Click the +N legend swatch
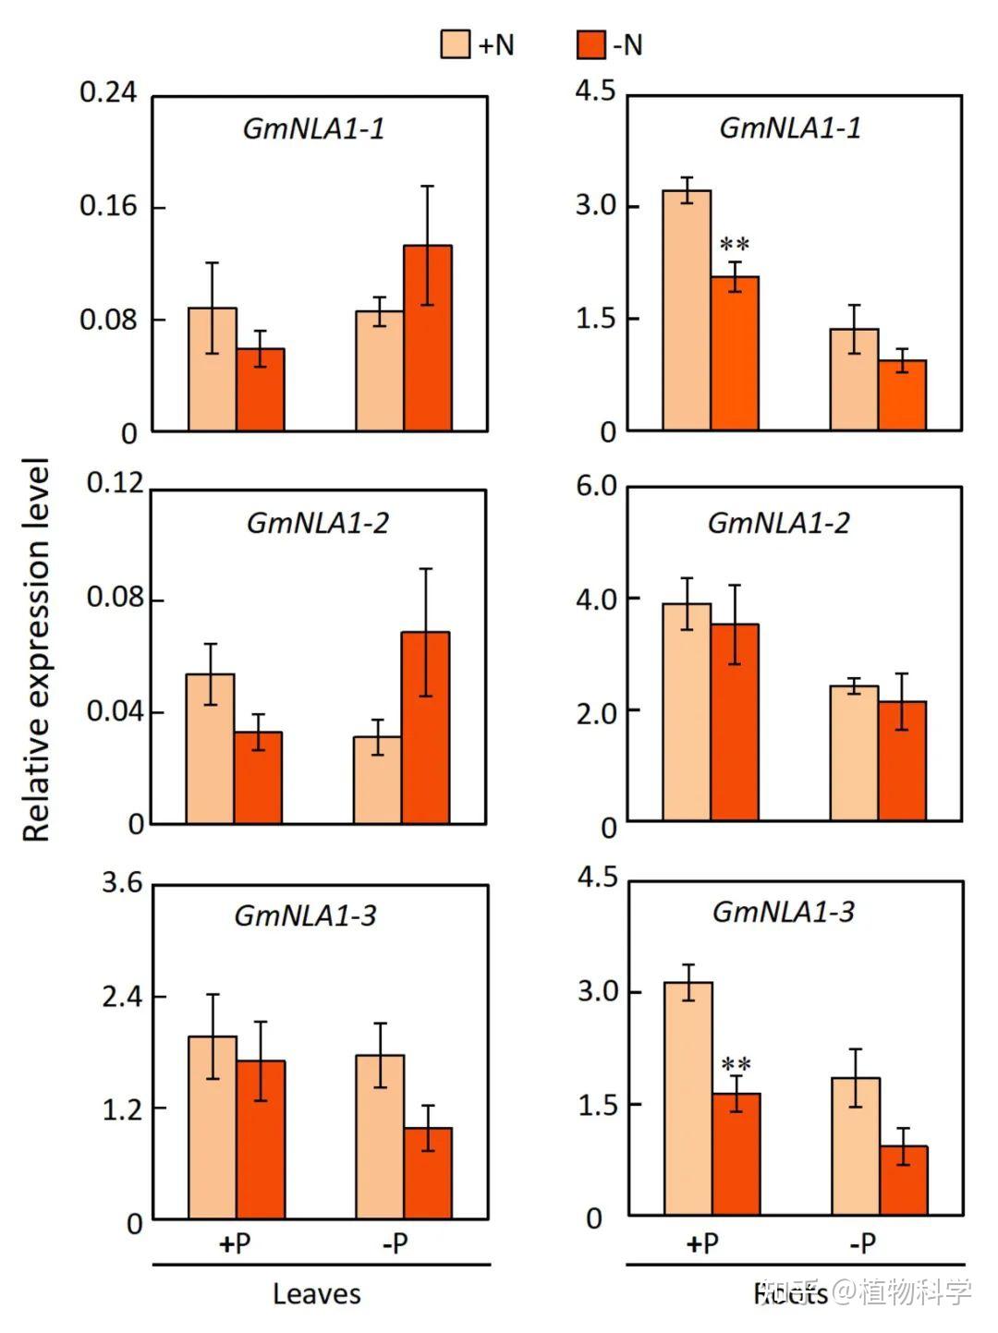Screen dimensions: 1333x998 click(x=456, y=43)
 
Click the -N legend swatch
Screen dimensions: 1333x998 click(x=590, y=43)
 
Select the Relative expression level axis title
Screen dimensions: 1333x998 click(x=35, y=649)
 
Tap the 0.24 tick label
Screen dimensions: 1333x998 click(x=107, y=92)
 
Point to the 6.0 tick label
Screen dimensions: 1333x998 click(x=596, y=487)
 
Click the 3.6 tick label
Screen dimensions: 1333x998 click(x=122, y=883)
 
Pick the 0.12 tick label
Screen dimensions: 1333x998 click(x=116, y=483)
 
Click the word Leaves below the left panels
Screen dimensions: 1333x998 click(x=316, y=1294)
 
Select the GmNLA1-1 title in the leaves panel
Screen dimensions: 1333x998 click(x=313, y=128)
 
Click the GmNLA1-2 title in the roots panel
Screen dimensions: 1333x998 click(x=778, y=523)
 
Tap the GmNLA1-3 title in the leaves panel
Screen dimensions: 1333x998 click(x=305, y=915)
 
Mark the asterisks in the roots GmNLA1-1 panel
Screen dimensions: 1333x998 click(x=735, y=245)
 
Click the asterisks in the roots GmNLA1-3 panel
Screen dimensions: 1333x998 click(x=736, y=1063)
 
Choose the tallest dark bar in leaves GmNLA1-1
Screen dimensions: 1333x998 click(x=428, y=338)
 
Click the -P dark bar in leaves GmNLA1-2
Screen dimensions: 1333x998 click(x=426, y=727)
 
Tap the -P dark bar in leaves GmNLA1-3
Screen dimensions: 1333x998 click(x=428, y=1172)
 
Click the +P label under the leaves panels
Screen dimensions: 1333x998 click(x=236, y=1243)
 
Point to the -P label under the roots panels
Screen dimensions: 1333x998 click(x=861, y=1243)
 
